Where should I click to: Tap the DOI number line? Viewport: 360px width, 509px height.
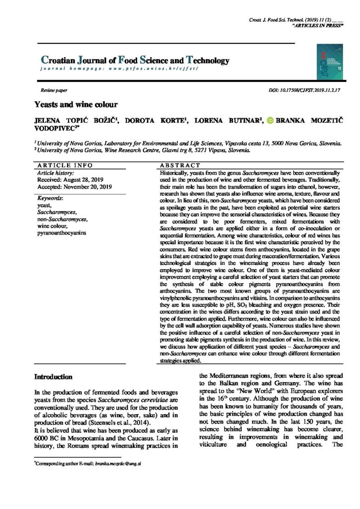point(304,91)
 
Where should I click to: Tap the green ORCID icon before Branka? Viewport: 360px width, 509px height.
point(270,120)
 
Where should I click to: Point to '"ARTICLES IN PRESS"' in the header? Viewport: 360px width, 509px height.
point(318,25)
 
